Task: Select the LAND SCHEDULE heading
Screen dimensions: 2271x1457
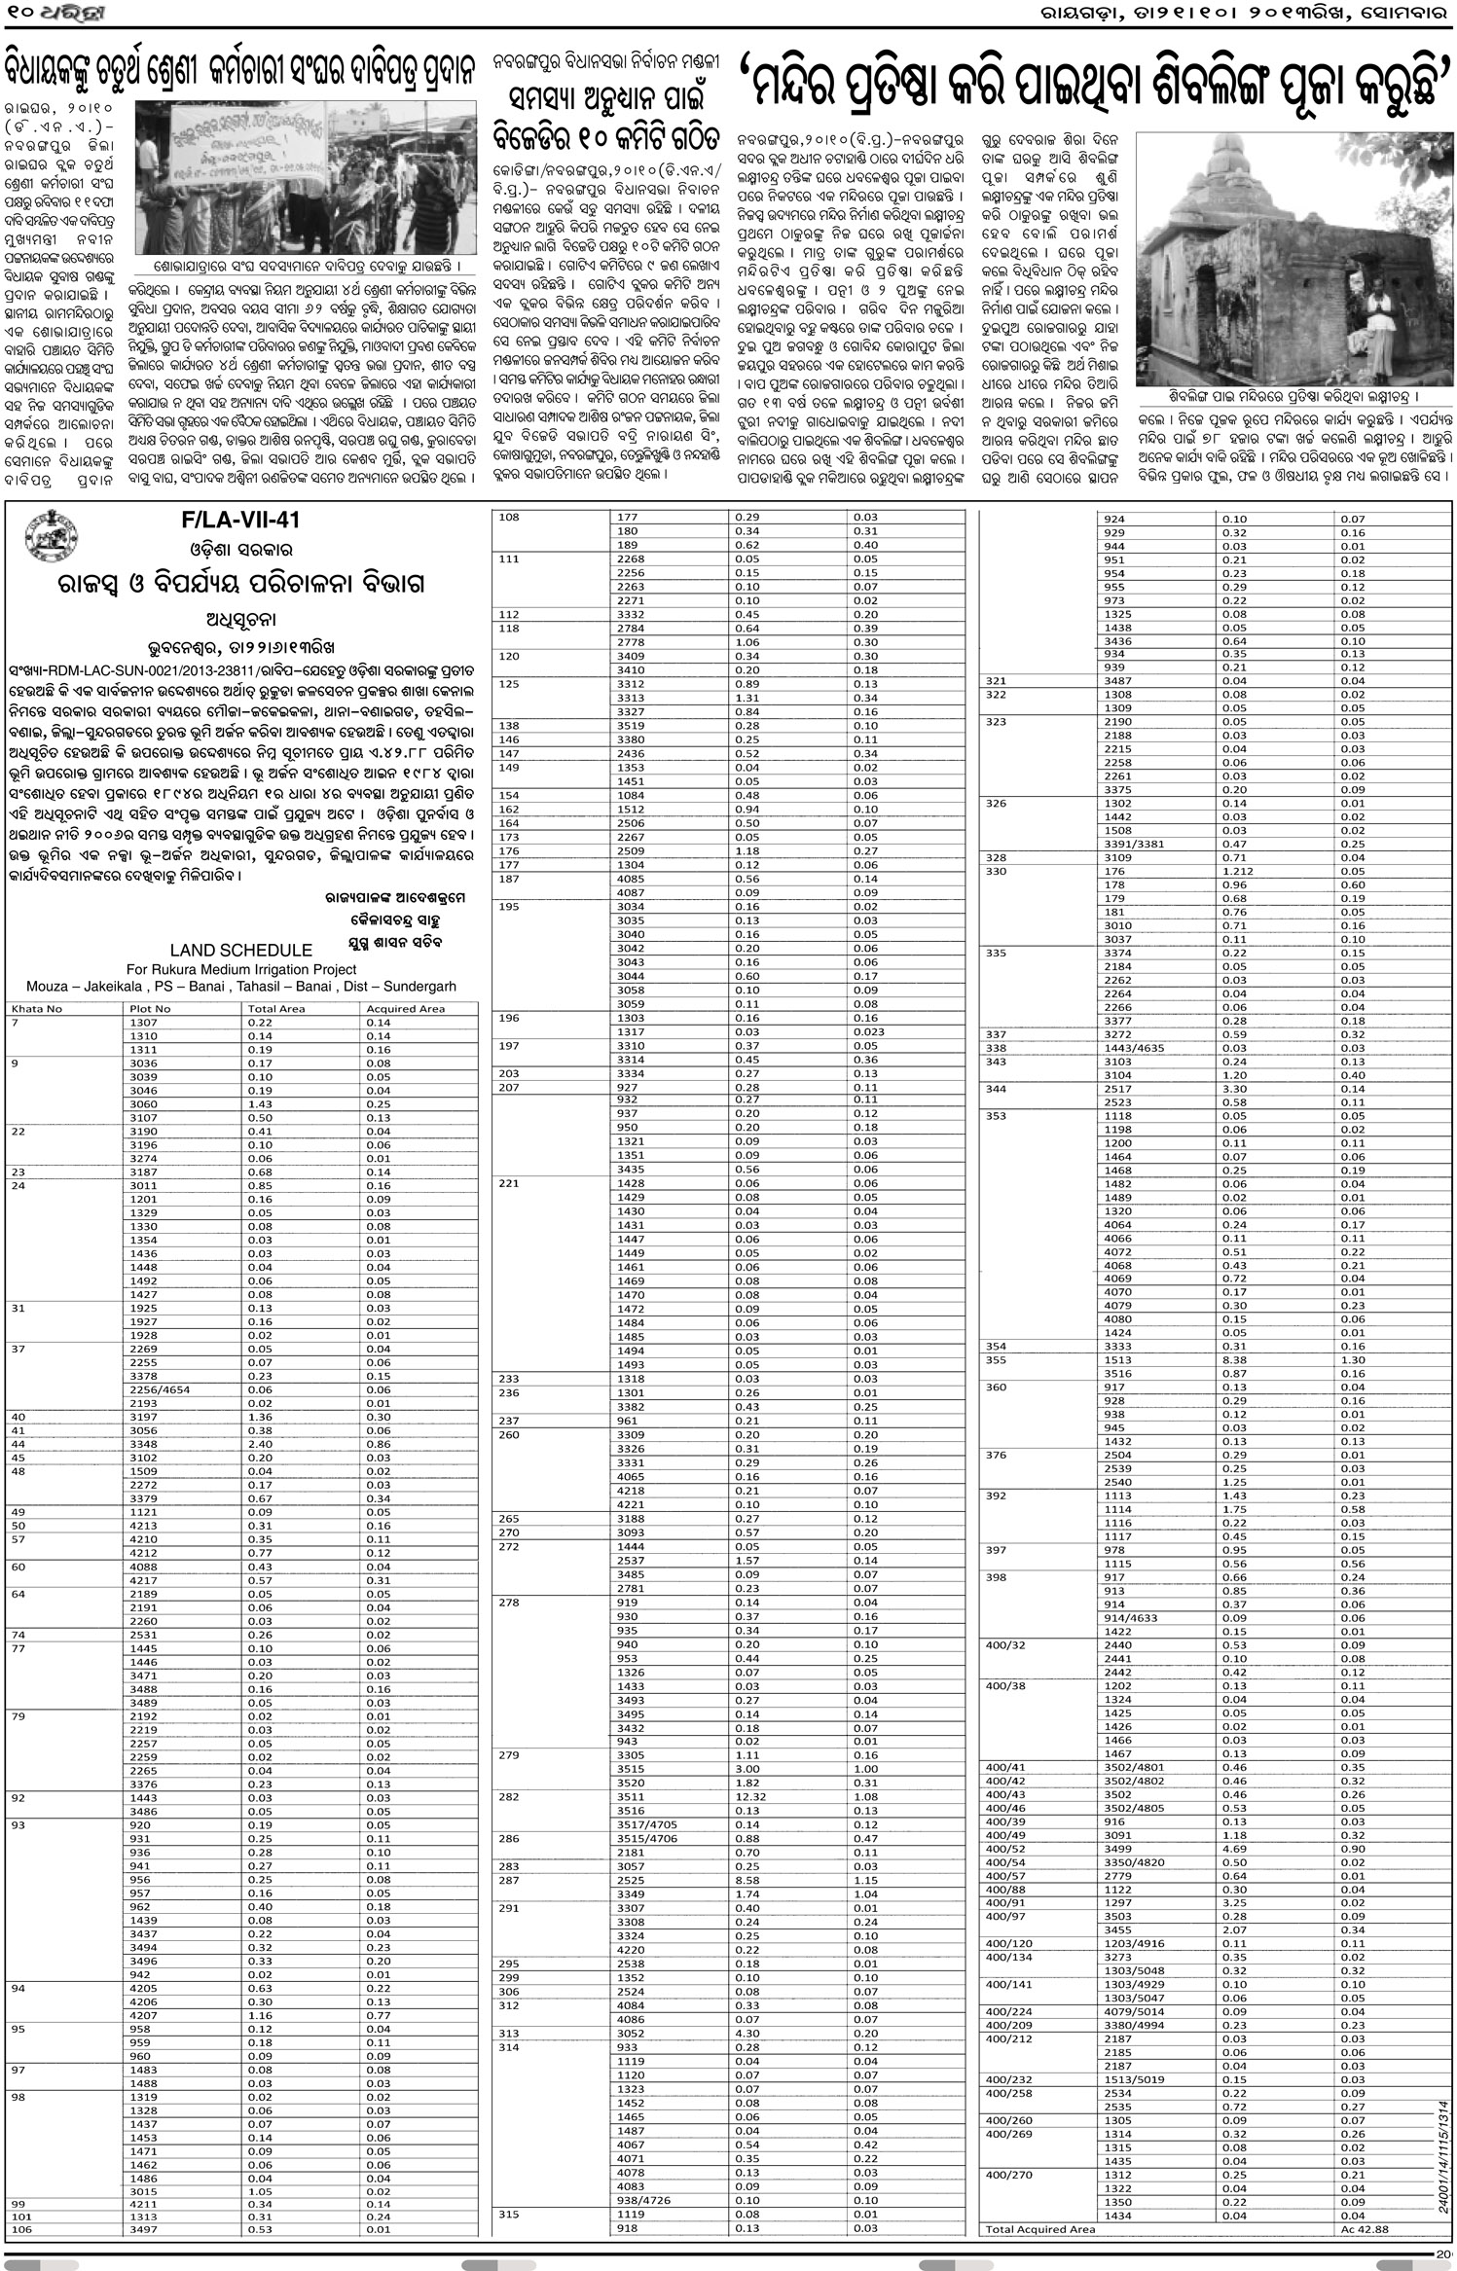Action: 240,950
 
